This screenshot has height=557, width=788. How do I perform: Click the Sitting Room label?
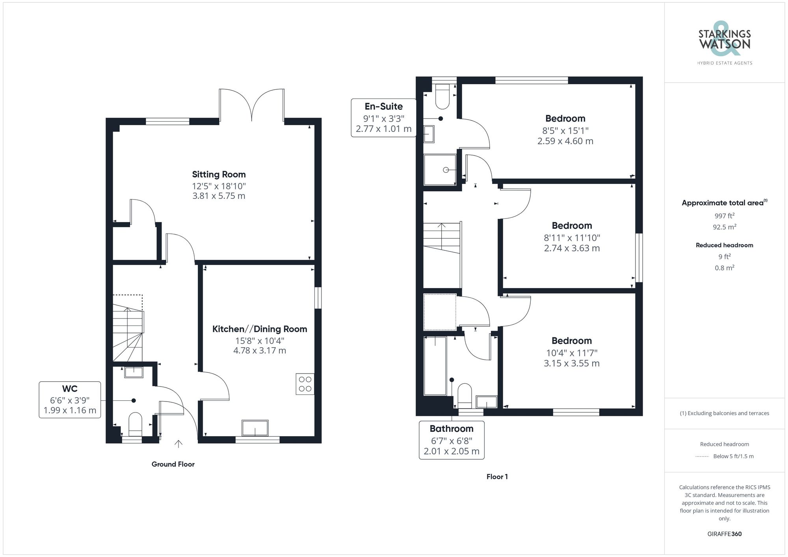(219, 174)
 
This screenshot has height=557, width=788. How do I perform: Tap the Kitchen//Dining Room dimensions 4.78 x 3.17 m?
(260, 350)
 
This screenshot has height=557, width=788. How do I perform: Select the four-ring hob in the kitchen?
(305, 384)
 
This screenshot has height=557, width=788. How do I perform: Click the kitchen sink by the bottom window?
(255, 428)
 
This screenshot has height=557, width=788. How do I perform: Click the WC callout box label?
(70, 389)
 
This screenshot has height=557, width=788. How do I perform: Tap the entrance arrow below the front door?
(178, 444)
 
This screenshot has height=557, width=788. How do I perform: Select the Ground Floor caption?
(173, 464)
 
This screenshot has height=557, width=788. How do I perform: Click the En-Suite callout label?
(383, 107)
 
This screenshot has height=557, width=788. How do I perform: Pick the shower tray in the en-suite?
(440, 170)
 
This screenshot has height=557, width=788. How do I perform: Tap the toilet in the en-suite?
(442, 96)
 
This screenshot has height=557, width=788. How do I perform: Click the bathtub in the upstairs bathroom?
(435, 366)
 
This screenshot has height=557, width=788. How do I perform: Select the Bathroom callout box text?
(452, 429)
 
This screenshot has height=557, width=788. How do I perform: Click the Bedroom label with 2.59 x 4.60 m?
(565, 118)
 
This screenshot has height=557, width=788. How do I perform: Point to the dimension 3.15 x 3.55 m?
(571, 363)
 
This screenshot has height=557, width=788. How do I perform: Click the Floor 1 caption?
(497, 477)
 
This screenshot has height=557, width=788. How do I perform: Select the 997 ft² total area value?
(724, 216)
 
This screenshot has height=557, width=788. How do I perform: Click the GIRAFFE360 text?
(724, 534)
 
